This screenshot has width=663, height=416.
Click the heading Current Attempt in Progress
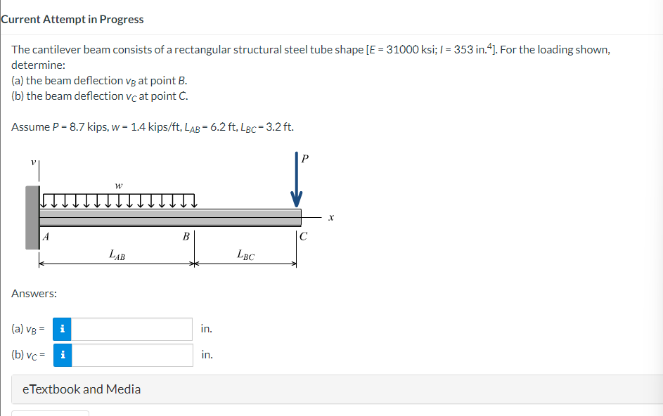[x=72, y=19]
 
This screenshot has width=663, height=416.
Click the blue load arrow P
[x=297, y=184]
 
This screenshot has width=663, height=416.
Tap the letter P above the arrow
[x=304, y=158]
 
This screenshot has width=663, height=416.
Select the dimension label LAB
[x=117, y=256]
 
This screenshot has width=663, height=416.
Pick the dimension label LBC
[x=245, y=256]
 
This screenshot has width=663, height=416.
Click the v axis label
[x=32, y=161]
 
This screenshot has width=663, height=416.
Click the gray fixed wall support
[x=32, y=217]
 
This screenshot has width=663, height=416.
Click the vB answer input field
[x=132, y=329]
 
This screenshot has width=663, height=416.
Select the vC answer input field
[x=132, y=355]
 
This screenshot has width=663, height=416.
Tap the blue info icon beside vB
[x=63, y=329]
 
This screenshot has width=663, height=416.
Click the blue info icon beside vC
[x=63, y=355]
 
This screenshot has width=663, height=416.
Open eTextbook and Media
[x=82, y=389]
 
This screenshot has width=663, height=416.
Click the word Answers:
[x=34, y=293]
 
